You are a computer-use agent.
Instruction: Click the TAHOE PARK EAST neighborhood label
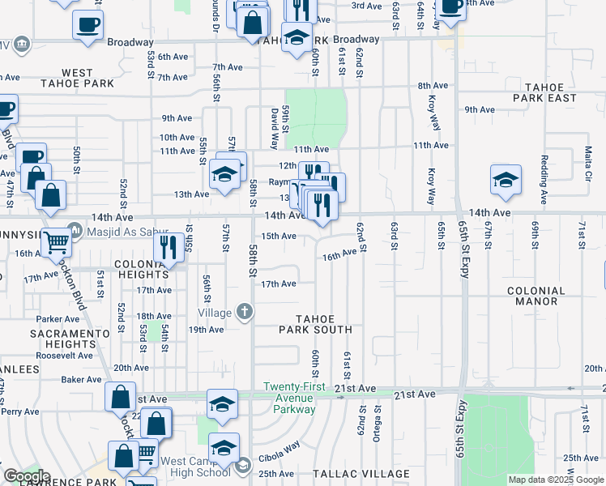551,92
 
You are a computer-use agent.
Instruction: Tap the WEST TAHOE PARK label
77,79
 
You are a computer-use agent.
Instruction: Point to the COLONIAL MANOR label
536,296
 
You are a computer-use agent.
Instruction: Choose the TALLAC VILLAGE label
361,474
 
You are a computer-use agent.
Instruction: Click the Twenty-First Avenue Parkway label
293,398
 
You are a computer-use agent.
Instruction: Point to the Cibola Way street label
280,446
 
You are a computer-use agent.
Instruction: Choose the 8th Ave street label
433,86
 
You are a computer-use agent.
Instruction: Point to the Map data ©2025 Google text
556,480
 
